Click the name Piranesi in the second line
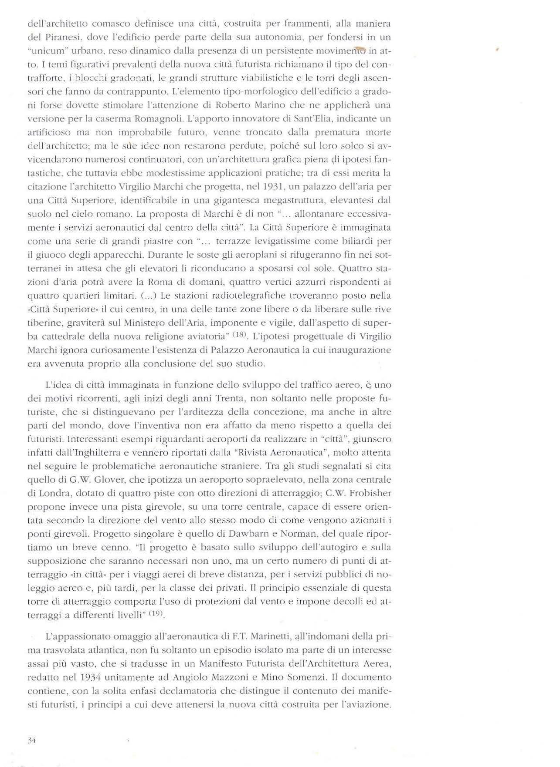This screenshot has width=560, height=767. pos(53,37)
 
